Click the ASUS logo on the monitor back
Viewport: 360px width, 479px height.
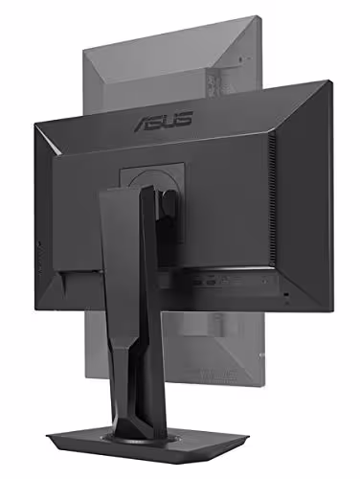point(164,122)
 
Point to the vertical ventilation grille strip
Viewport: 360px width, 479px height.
point(272,198)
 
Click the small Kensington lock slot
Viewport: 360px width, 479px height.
point(286,294)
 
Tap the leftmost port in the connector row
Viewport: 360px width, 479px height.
point(197,282)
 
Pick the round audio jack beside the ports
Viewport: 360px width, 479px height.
point(264,282)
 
